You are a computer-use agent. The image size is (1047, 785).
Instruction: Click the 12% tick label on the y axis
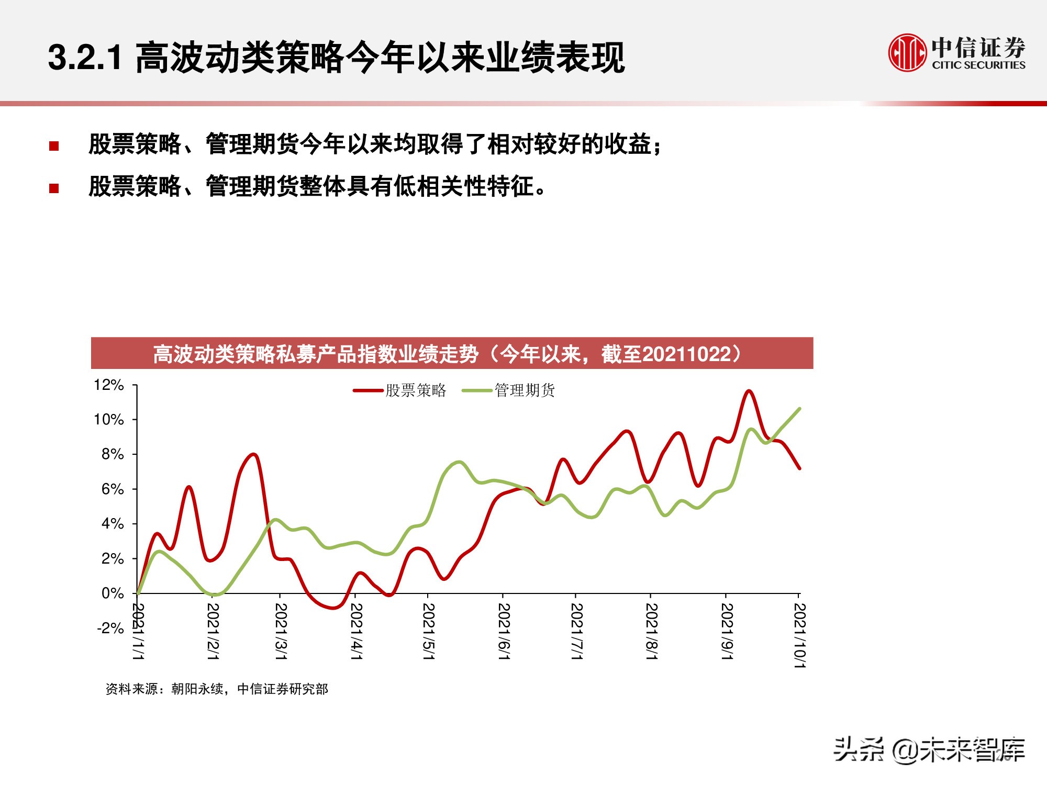click(108, 385)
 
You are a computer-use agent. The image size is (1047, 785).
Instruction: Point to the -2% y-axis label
click(110, 627)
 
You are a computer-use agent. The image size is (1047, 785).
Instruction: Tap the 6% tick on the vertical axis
click(112, 489)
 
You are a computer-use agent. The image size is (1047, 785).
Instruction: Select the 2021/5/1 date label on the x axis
click(428, 631)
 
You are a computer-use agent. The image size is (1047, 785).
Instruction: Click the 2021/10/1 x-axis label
click(799, 635)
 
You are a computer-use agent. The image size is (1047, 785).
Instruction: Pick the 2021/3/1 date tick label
click(281, 631)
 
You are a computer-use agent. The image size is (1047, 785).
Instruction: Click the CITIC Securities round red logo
click(907, 52)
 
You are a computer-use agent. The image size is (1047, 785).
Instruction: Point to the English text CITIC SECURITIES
click(978, 65)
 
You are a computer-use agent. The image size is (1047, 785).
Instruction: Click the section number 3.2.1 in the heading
click(85, 57)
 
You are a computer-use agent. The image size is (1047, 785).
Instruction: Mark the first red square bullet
click(54, 146)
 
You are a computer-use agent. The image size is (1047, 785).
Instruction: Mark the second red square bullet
click(54, 188)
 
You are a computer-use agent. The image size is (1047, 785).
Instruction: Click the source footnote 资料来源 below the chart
click(217, 689)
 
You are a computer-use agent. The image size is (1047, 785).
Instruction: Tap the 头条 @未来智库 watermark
click(929, 749)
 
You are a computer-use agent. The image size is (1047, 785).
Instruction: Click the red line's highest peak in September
click(749, 391)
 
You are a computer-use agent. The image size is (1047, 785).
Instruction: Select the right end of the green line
click(799, 409)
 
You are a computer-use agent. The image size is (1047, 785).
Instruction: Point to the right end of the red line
click(799, 468)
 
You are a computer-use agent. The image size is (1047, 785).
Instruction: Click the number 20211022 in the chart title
click(686, 354)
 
